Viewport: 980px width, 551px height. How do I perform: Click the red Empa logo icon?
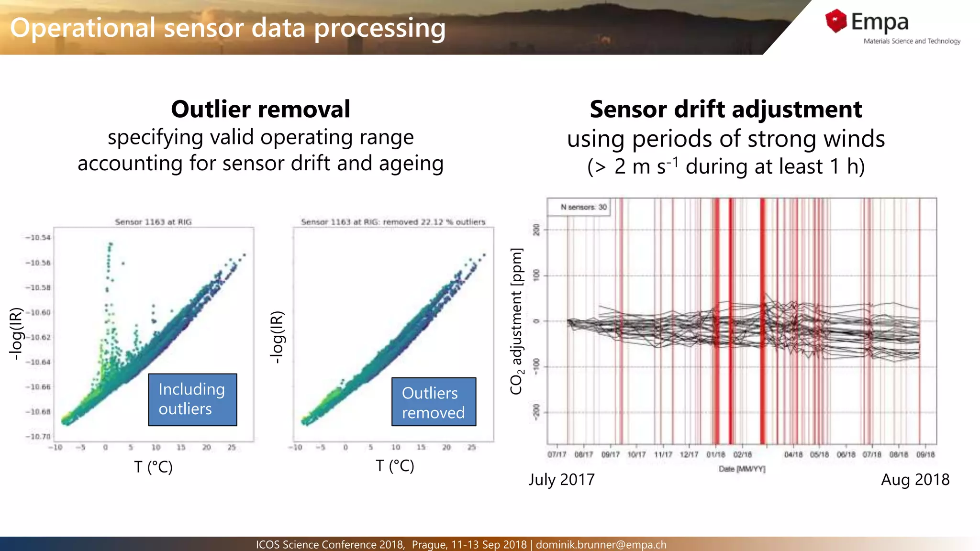(836, 21)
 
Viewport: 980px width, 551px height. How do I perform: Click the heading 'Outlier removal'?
(260, 109)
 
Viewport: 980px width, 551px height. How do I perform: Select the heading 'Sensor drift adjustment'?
(725, 109)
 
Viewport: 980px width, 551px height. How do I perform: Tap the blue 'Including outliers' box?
(192, 399)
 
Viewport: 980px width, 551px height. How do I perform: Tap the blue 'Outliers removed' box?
(434, 402)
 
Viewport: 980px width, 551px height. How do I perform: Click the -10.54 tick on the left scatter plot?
(38, 238)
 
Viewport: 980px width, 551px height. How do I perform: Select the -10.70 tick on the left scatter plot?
(38, 437)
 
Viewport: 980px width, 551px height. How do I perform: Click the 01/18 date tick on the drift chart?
(716, 454)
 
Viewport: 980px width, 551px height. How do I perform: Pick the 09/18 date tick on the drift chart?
(925, 454)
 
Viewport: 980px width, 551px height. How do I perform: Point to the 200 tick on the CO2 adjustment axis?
(536, 230)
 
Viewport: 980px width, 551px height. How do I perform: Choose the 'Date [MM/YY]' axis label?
(742, 469)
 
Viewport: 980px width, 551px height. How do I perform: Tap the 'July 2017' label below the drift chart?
(561, 479)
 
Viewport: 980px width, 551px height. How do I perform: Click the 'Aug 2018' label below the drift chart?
(915, 479)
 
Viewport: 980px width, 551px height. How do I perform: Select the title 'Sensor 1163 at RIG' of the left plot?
(153, 222)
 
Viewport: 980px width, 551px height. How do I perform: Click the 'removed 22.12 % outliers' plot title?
(434, 222)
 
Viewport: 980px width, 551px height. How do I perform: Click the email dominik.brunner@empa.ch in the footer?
(601, 544)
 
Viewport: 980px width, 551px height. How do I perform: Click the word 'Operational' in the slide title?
(83, 28)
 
